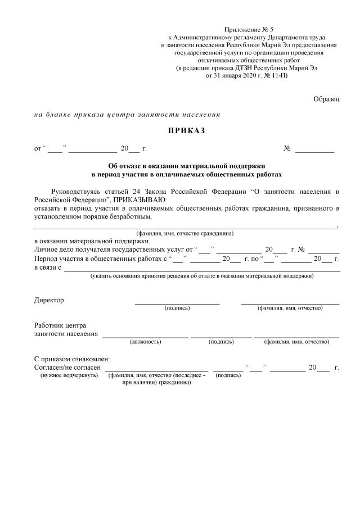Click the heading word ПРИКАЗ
point(185,131)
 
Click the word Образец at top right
point(326,99)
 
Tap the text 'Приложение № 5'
point(249,29)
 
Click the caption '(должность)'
point(145,341)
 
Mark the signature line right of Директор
point(177,303)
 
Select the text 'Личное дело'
point(54,249)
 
